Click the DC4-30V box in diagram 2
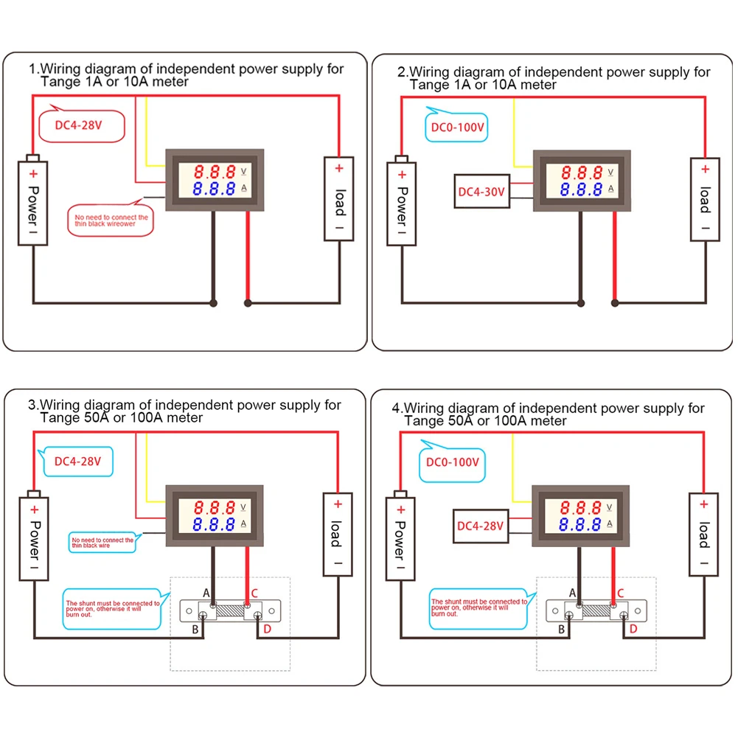tap(481, 192)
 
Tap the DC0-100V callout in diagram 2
tap(456, 127)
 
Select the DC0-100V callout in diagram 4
tap(453, 462)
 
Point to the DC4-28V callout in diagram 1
tap(78, 125)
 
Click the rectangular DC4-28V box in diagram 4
tap(480, 526)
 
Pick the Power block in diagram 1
tap(33, 200)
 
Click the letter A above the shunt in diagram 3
tap(206, 593)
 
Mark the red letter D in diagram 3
tap(267, 628)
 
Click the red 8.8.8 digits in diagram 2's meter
tap(582, 173)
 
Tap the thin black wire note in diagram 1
tap(111, 220)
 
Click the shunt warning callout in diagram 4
tap(479, 608)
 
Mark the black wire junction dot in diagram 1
tap(214, 303)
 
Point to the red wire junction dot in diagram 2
tap(614, 302)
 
